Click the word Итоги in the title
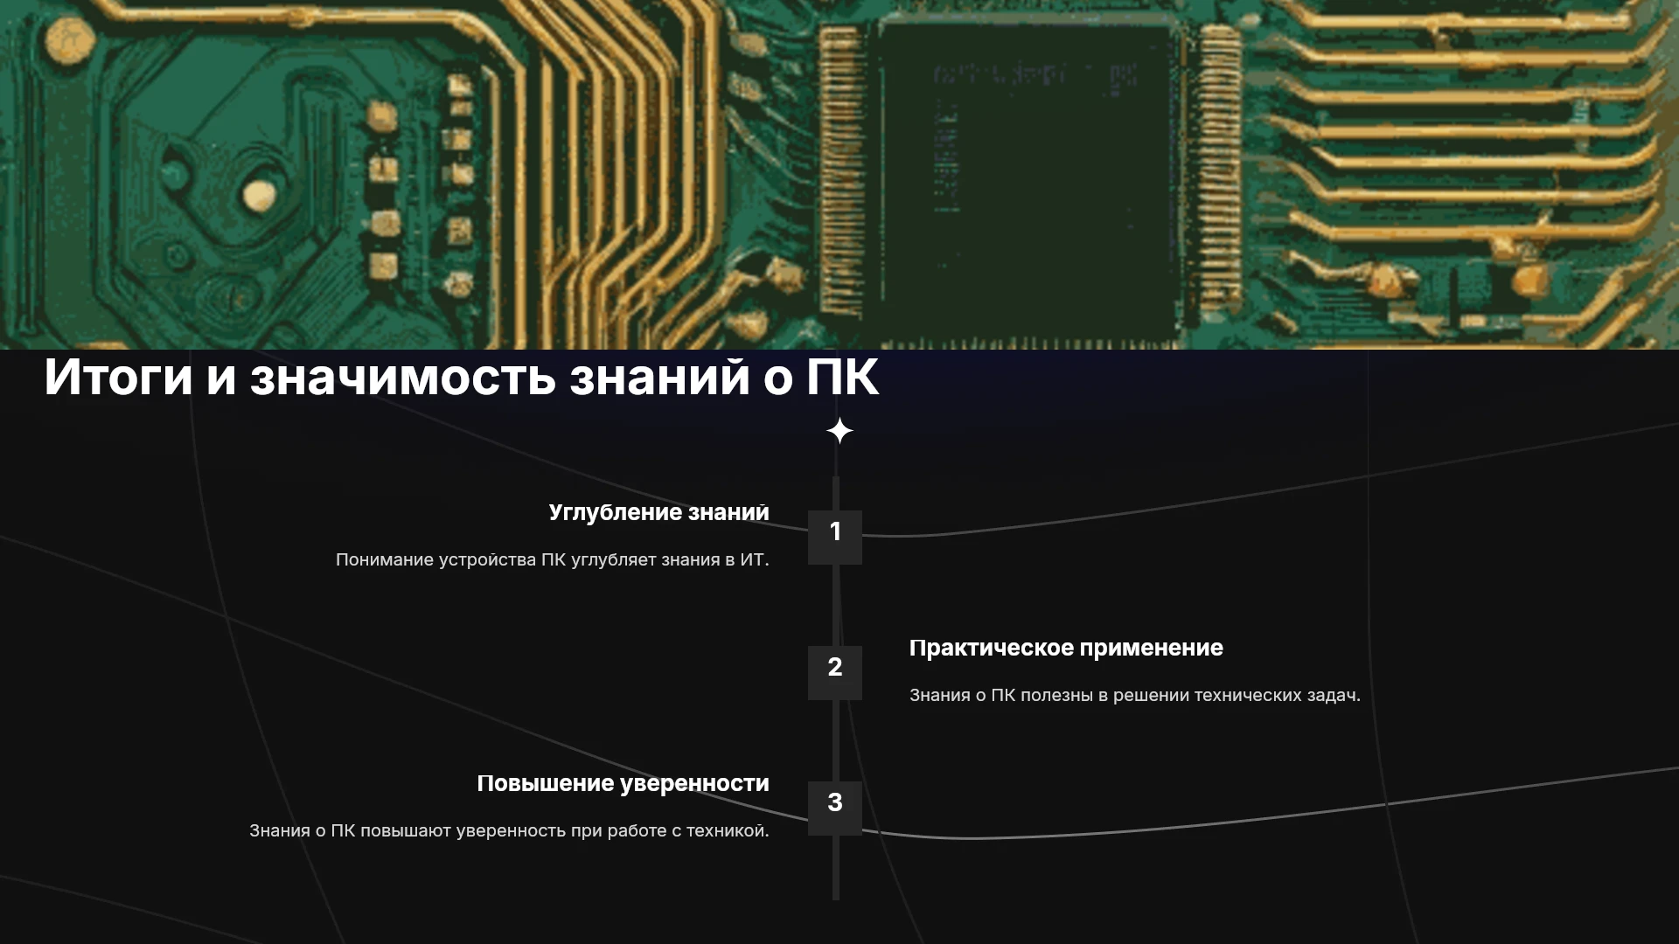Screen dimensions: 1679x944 tap(118, 377)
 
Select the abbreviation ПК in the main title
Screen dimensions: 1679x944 tap(841, 377)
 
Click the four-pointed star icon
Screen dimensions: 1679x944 tap(839, 431)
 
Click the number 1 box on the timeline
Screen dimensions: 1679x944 tap(835, 538)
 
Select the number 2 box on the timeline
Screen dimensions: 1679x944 tap(835, 673)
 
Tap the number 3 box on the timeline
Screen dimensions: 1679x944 tap(835, 809)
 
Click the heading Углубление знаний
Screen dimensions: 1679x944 tap(659, 513)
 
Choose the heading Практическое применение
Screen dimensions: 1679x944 tap(1066, 648)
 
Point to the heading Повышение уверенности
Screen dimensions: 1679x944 tap(623, 784)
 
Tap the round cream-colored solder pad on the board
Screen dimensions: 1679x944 tap(259, 196)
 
